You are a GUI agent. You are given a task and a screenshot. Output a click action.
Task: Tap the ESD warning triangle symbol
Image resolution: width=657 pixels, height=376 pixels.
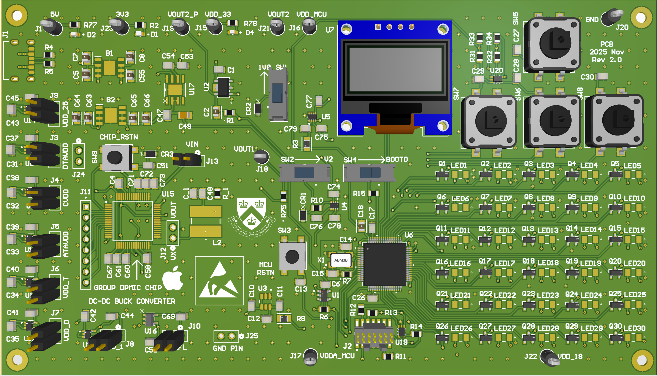point(219,281)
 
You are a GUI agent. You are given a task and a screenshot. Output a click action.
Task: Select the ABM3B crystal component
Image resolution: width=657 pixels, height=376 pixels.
point(341,260)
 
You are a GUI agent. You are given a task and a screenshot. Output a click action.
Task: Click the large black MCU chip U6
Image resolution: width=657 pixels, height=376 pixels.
point(384,264)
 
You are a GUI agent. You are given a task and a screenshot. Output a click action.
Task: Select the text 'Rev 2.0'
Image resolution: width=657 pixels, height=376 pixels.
point(607,60)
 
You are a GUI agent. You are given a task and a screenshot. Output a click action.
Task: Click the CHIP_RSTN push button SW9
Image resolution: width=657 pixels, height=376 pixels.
point(115,158)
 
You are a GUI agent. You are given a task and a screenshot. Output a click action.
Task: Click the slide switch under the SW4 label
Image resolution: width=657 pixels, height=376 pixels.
point(369,173)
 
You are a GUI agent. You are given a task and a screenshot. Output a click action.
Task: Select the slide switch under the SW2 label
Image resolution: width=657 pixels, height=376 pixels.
point(304,173)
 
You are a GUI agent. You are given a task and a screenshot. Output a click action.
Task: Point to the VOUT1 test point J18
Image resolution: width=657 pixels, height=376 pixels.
point(261,157)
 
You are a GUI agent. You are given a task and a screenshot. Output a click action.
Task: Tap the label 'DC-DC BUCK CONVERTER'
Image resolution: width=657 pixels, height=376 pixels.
point(132,301)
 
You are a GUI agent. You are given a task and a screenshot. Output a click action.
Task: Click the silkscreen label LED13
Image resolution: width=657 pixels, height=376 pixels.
point(548,230)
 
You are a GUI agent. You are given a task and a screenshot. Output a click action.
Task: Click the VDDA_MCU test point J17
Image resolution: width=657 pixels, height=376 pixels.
point(310,357)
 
